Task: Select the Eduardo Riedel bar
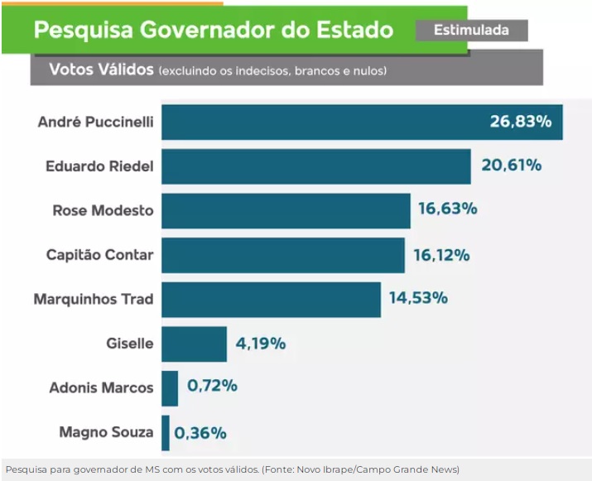(x=315, y=166)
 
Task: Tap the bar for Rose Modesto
(x=286, y=210)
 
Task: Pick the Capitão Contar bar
(x=282, y=255)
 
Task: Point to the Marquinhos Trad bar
(x=271, y=299)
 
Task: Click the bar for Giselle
(x=194, y=344)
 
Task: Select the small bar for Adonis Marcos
(x=170, y=387)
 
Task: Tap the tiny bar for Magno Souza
(x=166, y=432)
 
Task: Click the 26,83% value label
(x=520, y=122)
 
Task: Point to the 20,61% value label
(x=511, y=166)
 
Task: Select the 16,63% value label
(x=447, y=210)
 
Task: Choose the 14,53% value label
(x=418, y=298)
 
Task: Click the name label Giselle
(x=130, y=344)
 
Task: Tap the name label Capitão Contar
(x=99, y=255)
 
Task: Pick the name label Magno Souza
(x=106, y=432)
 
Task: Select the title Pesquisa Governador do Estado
(x=213, y=31)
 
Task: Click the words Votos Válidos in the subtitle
(x=101, y=70)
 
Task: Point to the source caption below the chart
(x=232, y=469)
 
